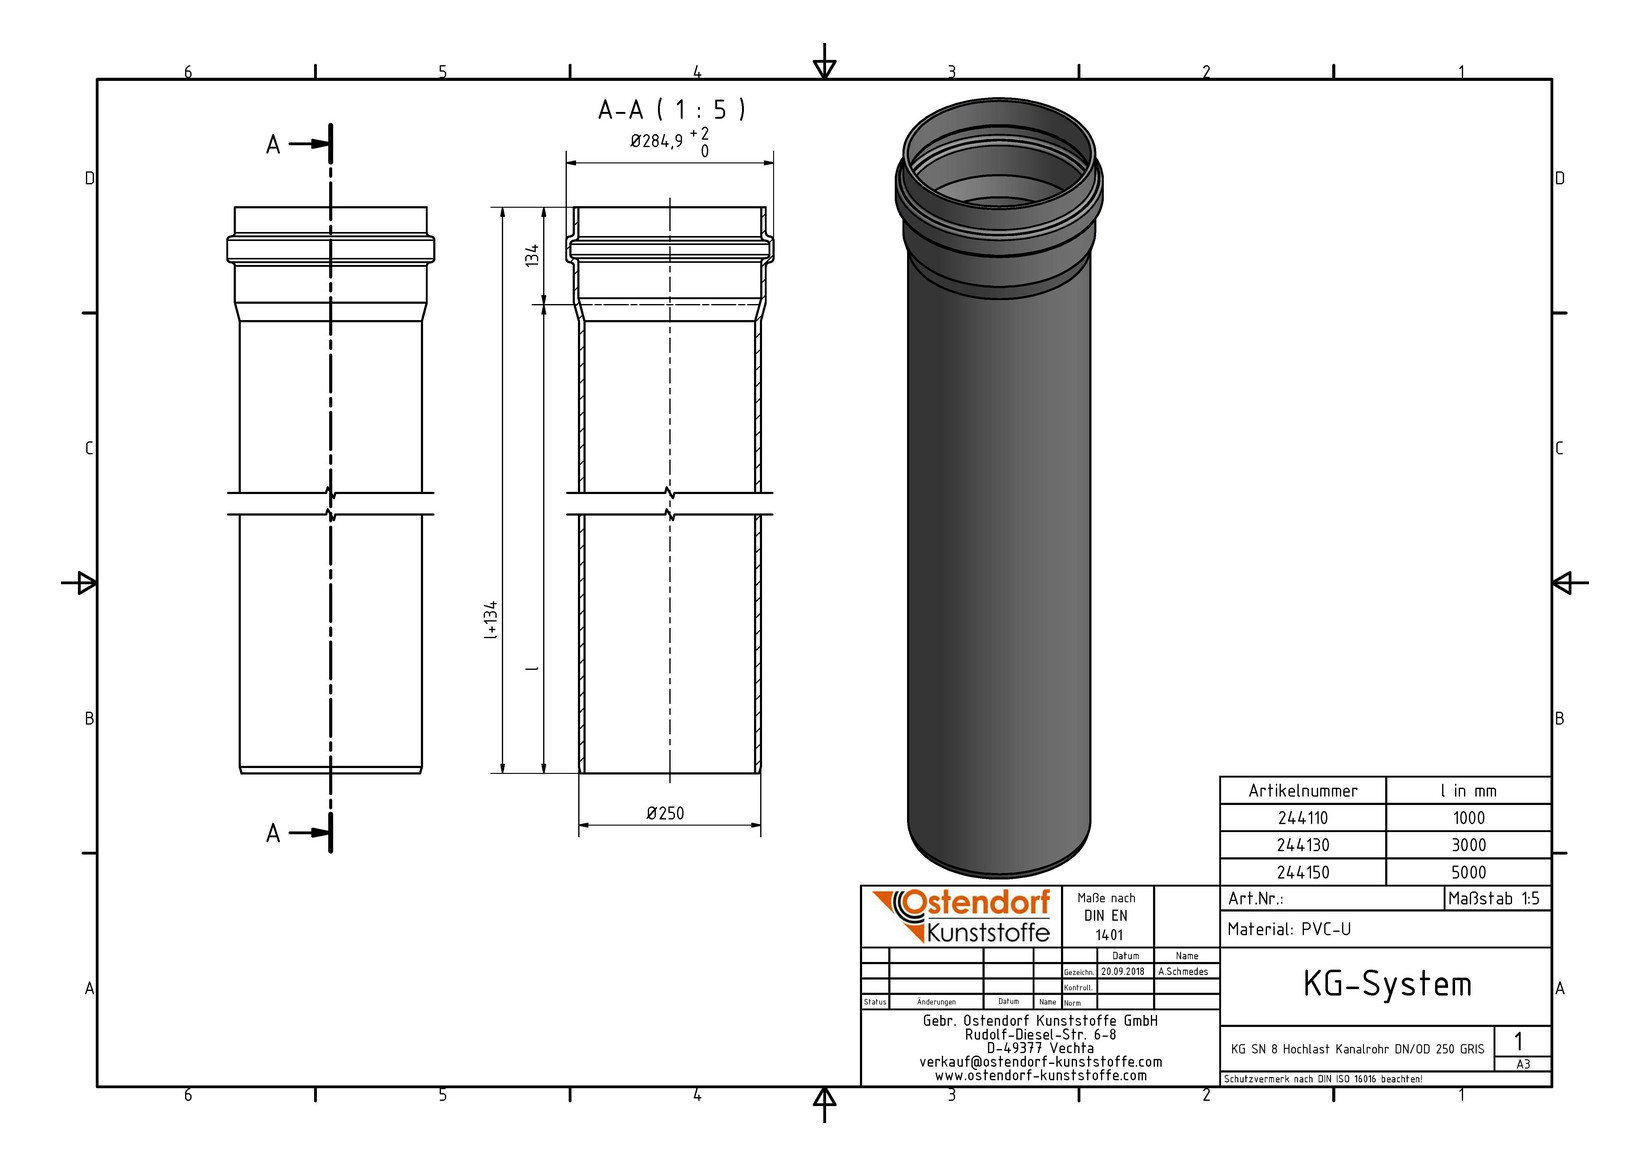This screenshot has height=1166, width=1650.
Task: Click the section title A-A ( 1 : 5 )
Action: click(x=671, y=110)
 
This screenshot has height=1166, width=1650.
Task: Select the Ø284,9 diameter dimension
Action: click(x=668, y=142)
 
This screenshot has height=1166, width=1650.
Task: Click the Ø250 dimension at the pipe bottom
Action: click(x=665, y=813)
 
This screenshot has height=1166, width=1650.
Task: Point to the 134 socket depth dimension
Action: click(x=533, y=255)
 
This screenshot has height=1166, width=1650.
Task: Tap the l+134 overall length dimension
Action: click(x=491, y=620)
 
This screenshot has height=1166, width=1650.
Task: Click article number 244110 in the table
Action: click(x=1302, y=818)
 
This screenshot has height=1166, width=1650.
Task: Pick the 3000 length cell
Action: click(x=1468, y=845)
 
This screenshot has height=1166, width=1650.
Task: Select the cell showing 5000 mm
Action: click(x=1468, y=872)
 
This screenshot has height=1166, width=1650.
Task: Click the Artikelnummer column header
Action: click(x=1302, y=791)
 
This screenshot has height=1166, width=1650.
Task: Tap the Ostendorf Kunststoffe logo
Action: click(x=961, y=916)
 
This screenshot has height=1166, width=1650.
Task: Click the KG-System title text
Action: click(x=1386, y=985)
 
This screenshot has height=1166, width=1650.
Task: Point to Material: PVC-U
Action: click(x=1289, y=929)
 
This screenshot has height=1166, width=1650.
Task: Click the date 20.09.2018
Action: click(x=1123, y=971)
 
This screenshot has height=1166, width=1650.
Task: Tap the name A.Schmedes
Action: click(x=1183, y=971)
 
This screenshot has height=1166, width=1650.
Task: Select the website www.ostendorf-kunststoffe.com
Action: click(x=1040, y=1076)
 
